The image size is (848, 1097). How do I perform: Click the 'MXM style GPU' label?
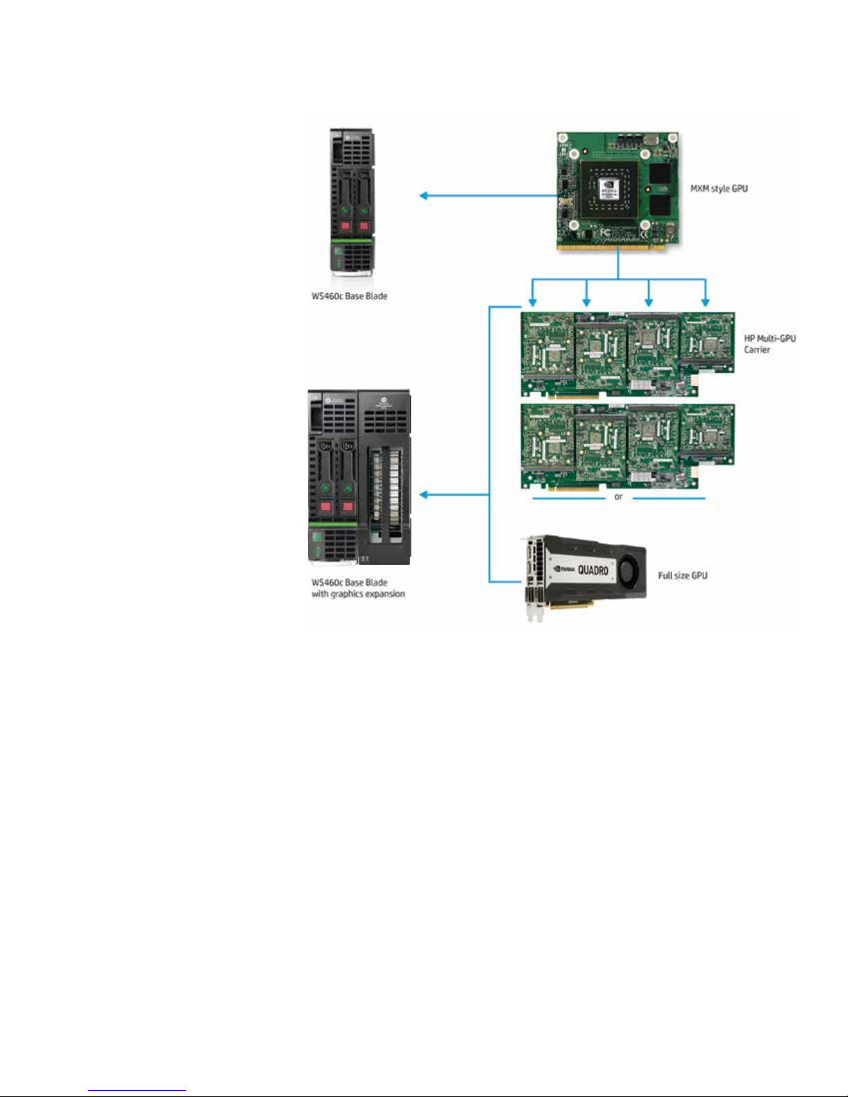pyautogui.click(x=719, y=189)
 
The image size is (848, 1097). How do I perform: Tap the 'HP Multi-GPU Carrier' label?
pyautogui.click(x=770, y=344)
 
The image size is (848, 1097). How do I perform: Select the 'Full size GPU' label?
pyautogui.click(x=683, y=576)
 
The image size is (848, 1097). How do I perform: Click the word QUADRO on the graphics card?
pyautogui.click(x=593, y=570)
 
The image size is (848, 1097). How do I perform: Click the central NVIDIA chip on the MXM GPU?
pyautogui.click(x=609, y=190)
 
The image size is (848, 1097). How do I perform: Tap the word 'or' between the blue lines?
pyautogui.click(x=618, y=497)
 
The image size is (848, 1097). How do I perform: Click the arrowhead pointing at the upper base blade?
pyautogui.click(x=424, y=196)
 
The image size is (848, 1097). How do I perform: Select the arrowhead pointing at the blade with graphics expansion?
pyautogui.click(x=424, y=495)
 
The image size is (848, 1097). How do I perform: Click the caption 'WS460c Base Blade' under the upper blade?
pyautogui.click(x=350, y=296)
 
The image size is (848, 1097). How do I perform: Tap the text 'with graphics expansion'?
pyautogui.click(x=358, y=595)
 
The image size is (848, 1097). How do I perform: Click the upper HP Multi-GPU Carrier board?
pyautogui.click(x=627, y=354)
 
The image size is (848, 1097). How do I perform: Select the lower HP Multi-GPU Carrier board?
pyautogui.click(x=627, y=446)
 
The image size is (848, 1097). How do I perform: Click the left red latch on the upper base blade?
pyautogui.click(x=345, y=226)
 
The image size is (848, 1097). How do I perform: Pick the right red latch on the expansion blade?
pyautogui.click(x=348, y=507)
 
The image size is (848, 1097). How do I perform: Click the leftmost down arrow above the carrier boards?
pyautogui.click(x=532, y=302)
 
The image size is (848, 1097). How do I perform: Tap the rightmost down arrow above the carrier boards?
pyautogui.click(x=705, y=302)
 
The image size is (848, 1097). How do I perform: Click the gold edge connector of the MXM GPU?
pyautogui.click(x=617, y=247)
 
